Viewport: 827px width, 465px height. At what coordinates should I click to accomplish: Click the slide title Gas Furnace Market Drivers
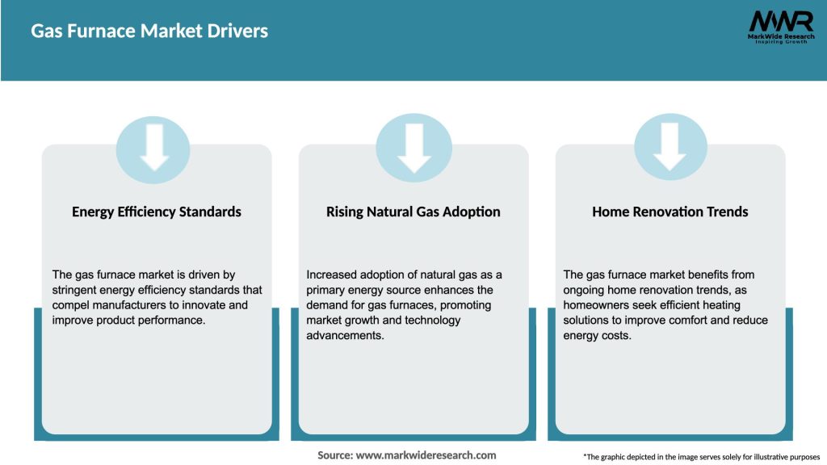pyautogui.click(x=149, y=31)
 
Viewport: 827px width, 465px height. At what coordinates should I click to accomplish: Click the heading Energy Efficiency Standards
pyautogui.click(x=157, y=212)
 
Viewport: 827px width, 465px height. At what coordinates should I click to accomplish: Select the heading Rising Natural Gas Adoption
pyautogui.click(x=413, y=212)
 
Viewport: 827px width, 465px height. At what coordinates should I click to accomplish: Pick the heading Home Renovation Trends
pyautogui.click(x=670, y=212)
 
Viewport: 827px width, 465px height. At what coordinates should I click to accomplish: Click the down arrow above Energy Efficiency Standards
pyautogui.click(x=153, y=148)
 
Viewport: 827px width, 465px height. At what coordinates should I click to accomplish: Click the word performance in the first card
pyautogui.click(x=174, y=320)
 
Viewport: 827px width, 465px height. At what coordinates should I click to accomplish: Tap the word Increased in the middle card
pyautogui.click(x=333, y=274)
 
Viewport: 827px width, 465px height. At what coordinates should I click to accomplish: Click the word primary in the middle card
pyautogui.click(x=328, y=290)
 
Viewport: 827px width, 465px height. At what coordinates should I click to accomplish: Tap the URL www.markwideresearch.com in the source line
pyautogui.click(x=426, y=455)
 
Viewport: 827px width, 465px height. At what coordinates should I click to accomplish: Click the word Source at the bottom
pyautogui.click(x=334, y=455)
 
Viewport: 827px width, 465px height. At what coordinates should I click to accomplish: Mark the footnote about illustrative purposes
pyautogui.click(x=701, y=457)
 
